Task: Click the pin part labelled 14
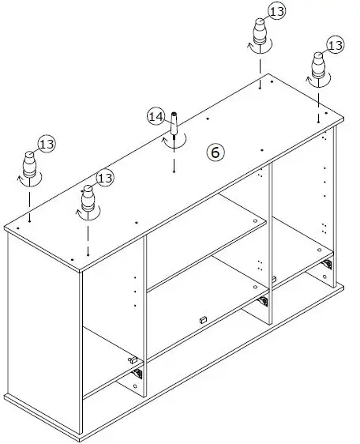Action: click(x=174, y=125)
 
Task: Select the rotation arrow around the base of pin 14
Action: click(x=175, y=141)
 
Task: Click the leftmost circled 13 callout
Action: click(x=47, y=144)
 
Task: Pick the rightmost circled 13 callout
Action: click(x=336, y=46)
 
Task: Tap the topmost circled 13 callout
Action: click(x=278, y=10)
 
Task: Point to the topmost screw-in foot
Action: click(x=260, y=35)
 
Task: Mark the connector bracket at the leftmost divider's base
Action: click(x=137, y=373)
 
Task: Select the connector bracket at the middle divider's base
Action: click(x=263, y=301)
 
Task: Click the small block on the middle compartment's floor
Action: click(x=202, y=319)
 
